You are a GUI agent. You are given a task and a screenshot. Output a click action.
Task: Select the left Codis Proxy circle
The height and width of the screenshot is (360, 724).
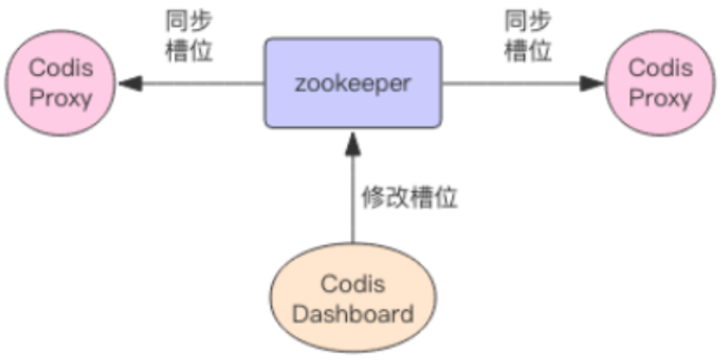pyautogui.click(x=60, y=83)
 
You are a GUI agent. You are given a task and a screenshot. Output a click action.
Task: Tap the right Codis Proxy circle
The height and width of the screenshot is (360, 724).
pyautogui.click(x=660, y=83)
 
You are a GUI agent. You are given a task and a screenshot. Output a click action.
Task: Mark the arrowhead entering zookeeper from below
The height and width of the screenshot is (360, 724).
pyautogui.click(x=353, y=142)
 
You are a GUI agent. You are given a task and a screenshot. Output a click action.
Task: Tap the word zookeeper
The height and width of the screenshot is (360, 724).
pyautogui.click(x=353, y=83)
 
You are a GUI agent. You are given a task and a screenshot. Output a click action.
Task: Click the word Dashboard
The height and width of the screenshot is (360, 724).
pyautogui.click(x=353, y=313)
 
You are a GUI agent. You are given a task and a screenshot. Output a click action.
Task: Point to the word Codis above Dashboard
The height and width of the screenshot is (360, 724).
pyautogui.click(x=353, y=283)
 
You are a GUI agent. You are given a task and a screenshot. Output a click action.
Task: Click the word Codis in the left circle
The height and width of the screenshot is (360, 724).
pyautogui.click(x=60, y=68)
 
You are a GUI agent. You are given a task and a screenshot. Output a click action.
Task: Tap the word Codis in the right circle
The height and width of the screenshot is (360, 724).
pyautogui.click(x=660, y=68)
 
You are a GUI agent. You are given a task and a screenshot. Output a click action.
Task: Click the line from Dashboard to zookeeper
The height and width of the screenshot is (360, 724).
pyautogui.click(x=353, y=203)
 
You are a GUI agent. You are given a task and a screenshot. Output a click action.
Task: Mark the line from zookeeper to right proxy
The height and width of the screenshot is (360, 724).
pyautogui.click(x=515, y=83)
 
